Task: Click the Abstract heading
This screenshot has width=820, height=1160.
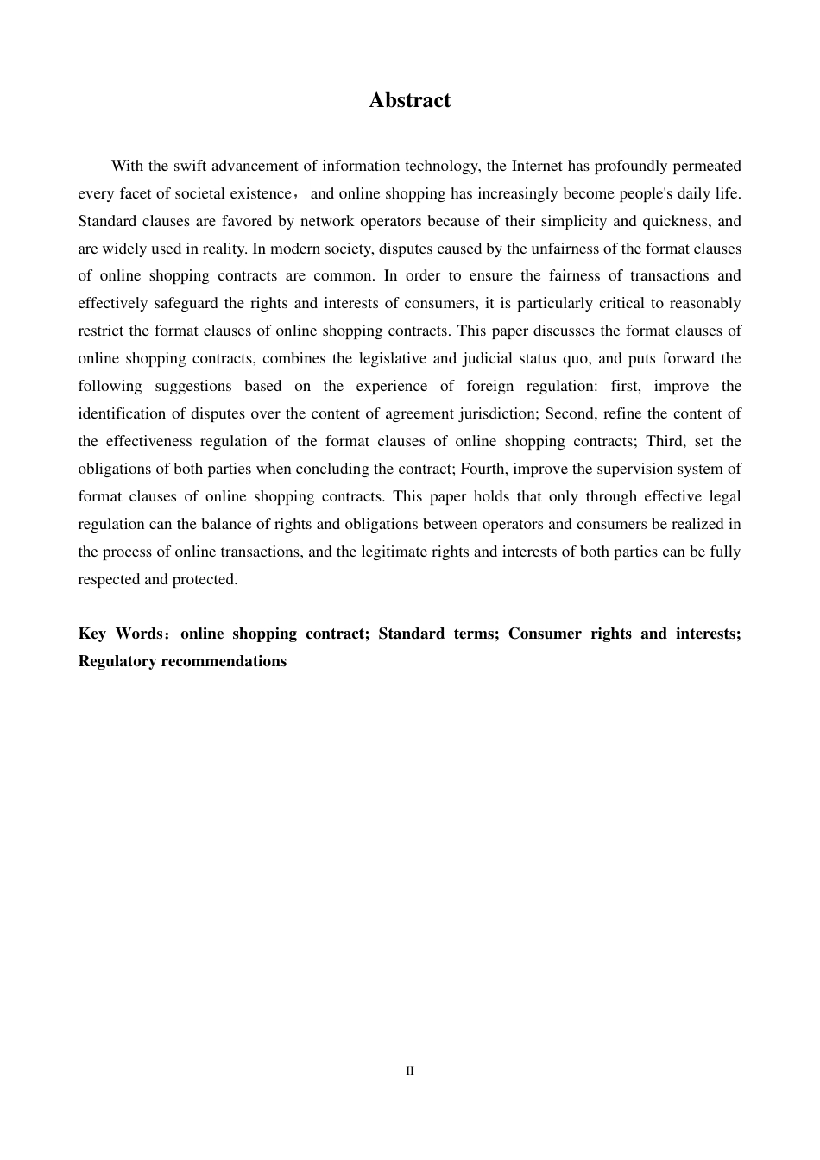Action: pos(409,100)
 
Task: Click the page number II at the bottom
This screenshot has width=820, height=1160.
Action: pos(410,1071)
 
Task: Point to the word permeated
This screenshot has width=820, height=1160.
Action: pos(707,166)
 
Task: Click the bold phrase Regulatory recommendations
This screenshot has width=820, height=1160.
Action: pos(182,661)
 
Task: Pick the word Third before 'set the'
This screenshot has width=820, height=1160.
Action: pos(665,441)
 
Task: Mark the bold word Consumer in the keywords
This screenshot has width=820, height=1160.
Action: pos(545,634)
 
